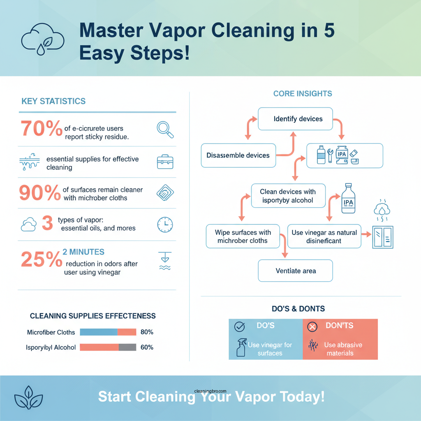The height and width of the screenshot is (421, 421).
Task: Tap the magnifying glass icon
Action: pos(165,129)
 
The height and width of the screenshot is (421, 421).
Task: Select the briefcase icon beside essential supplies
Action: pos(165,162)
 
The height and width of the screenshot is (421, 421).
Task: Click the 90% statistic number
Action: pos(40,193)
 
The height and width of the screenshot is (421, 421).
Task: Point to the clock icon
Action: pos(165,224)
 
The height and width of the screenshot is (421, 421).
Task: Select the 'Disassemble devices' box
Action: pos(238,155)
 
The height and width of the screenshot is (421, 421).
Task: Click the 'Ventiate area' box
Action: pos(295,271)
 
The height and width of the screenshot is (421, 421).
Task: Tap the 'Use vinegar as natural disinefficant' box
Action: pos(324,236)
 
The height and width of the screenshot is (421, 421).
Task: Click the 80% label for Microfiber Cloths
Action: pos(147,332)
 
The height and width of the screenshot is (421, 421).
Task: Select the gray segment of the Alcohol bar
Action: pos(127,347)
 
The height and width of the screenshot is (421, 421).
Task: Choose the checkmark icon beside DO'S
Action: pos(239,326)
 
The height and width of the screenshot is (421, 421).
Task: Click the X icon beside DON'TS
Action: pos(313,327)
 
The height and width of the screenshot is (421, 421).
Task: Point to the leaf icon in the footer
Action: pos(28,398)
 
